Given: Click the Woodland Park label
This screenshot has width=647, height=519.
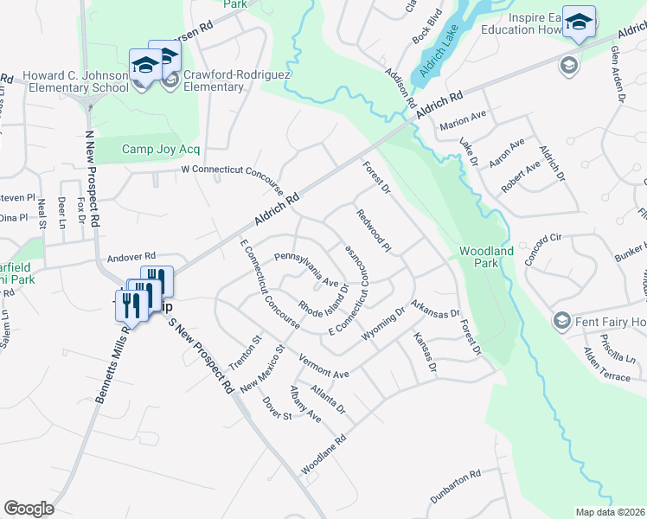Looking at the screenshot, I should [485, 258].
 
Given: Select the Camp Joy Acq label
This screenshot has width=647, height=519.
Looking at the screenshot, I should [160, 149].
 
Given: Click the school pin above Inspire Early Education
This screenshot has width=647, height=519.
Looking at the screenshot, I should [579, 22].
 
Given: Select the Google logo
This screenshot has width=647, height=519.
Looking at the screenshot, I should [29, 509].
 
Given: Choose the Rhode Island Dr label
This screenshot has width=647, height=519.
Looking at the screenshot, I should [323, 298].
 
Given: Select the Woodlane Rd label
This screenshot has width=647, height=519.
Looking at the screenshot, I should [323, 453].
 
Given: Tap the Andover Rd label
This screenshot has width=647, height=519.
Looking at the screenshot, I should [131, 257].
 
